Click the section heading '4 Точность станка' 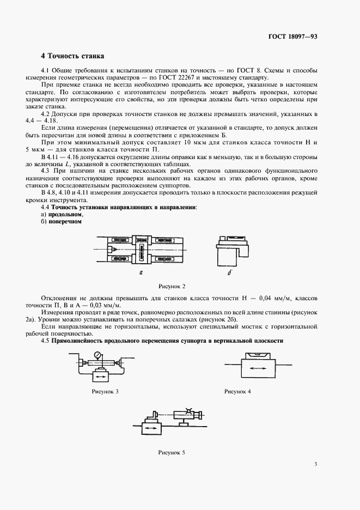(72, 56)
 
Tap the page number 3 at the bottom (315, 464)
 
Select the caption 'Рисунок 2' (172, 286)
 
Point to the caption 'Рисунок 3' (105, 391)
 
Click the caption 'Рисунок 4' (237, 391)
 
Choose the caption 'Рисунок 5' (172, 452)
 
